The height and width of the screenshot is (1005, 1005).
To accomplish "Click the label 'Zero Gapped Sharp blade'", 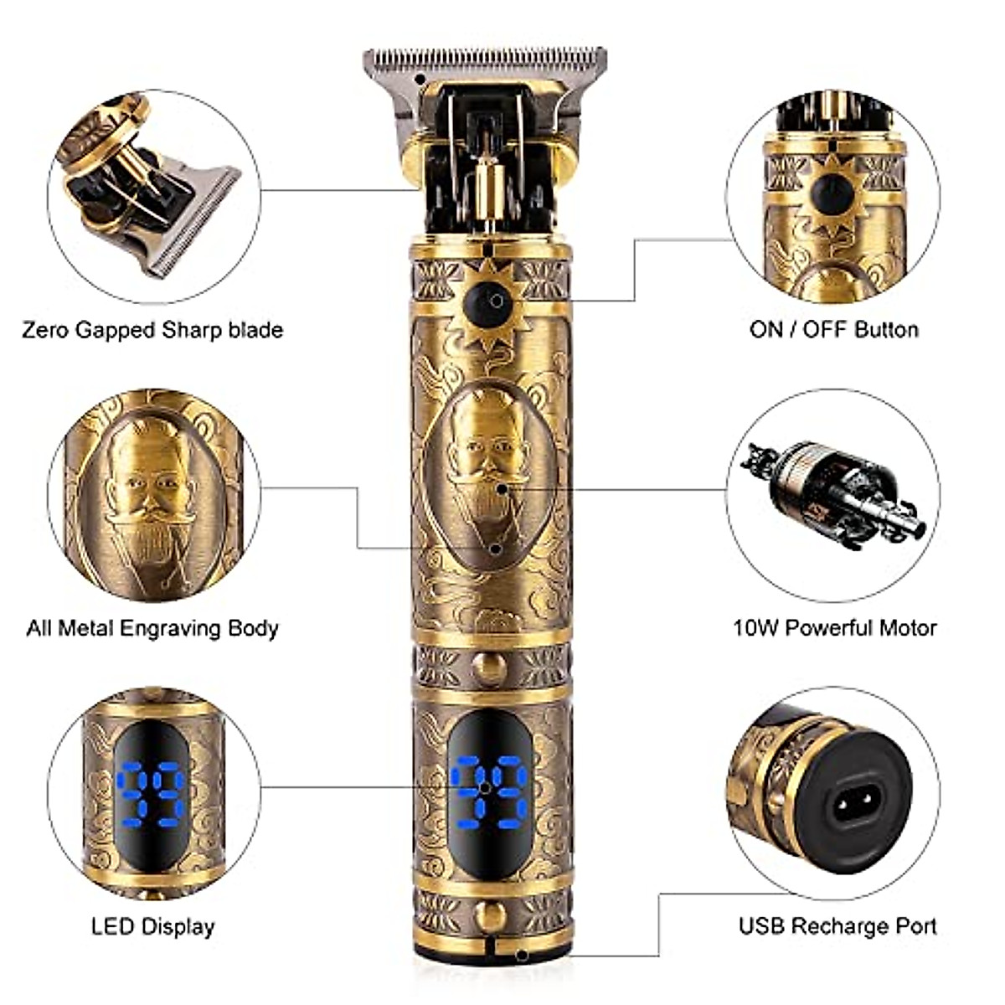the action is click(x=152, y=329).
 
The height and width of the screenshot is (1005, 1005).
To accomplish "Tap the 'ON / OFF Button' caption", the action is click(x=834, y=329).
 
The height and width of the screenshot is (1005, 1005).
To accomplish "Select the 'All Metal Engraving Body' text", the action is click(x=152, y=627).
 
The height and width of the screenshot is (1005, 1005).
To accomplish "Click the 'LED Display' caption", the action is click(x=152, y=926).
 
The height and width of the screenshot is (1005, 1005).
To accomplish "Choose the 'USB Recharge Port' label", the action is click(x=837, y=926).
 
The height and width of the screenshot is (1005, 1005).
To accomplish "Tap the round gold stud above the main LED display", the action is click(x=489, y=667).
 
